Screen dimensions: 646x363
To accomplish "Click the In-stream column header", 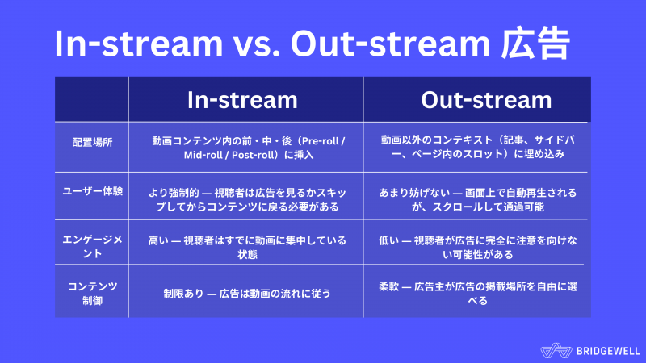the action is (242, 100).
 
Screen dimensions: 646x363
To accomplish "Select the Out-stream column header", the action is (486, 100).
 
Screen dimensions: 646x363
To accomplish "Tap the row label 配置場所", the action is (92, 143).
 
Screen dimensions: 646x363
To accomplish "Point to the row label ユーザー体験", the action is (92, 191).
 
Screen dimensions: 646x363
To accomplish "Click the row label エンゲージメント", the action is (92, 247).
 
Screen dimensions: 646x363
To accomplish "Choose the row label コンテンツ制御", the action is (92, 294).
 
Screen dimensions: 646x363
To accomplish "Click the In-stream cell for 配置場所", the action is (248, 148).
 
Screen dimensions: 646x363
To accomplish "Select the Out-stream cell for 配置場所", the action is (477, 147).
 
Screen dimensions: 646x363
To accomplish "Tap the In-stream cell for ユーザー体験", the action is (247, 199).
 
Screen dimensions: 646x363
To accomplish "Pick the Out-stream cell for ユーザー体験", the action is (477, 199).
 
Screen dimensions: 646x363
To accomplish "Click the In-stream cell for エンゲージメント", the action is (247, 248).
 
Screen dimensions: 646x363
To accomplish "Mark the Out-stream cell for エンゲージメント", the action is (477, 248).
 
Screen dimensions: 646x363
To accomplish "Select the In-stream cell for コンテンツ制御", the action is (247, 294).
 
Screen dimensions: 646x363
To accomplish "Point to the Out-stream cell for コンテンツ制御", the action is (477, 294).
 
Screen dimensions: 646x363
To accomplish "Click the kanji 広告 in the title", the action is (535, 44).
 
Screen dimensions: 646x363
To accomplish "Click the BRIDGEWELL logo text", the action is (608, 351).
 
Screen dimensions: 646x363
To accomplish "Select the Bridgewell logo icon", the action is (556, 351).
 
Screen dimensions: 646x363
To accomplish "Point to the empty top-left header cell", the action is (91, 99).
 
